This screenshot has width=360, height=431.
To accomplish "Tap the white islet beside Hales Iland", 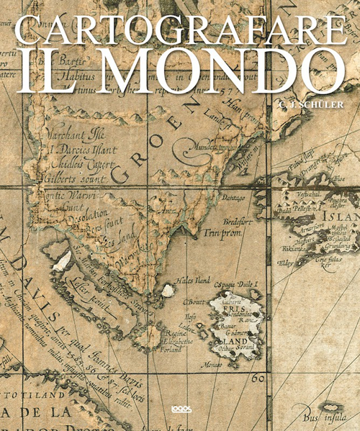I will point(169,290).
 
